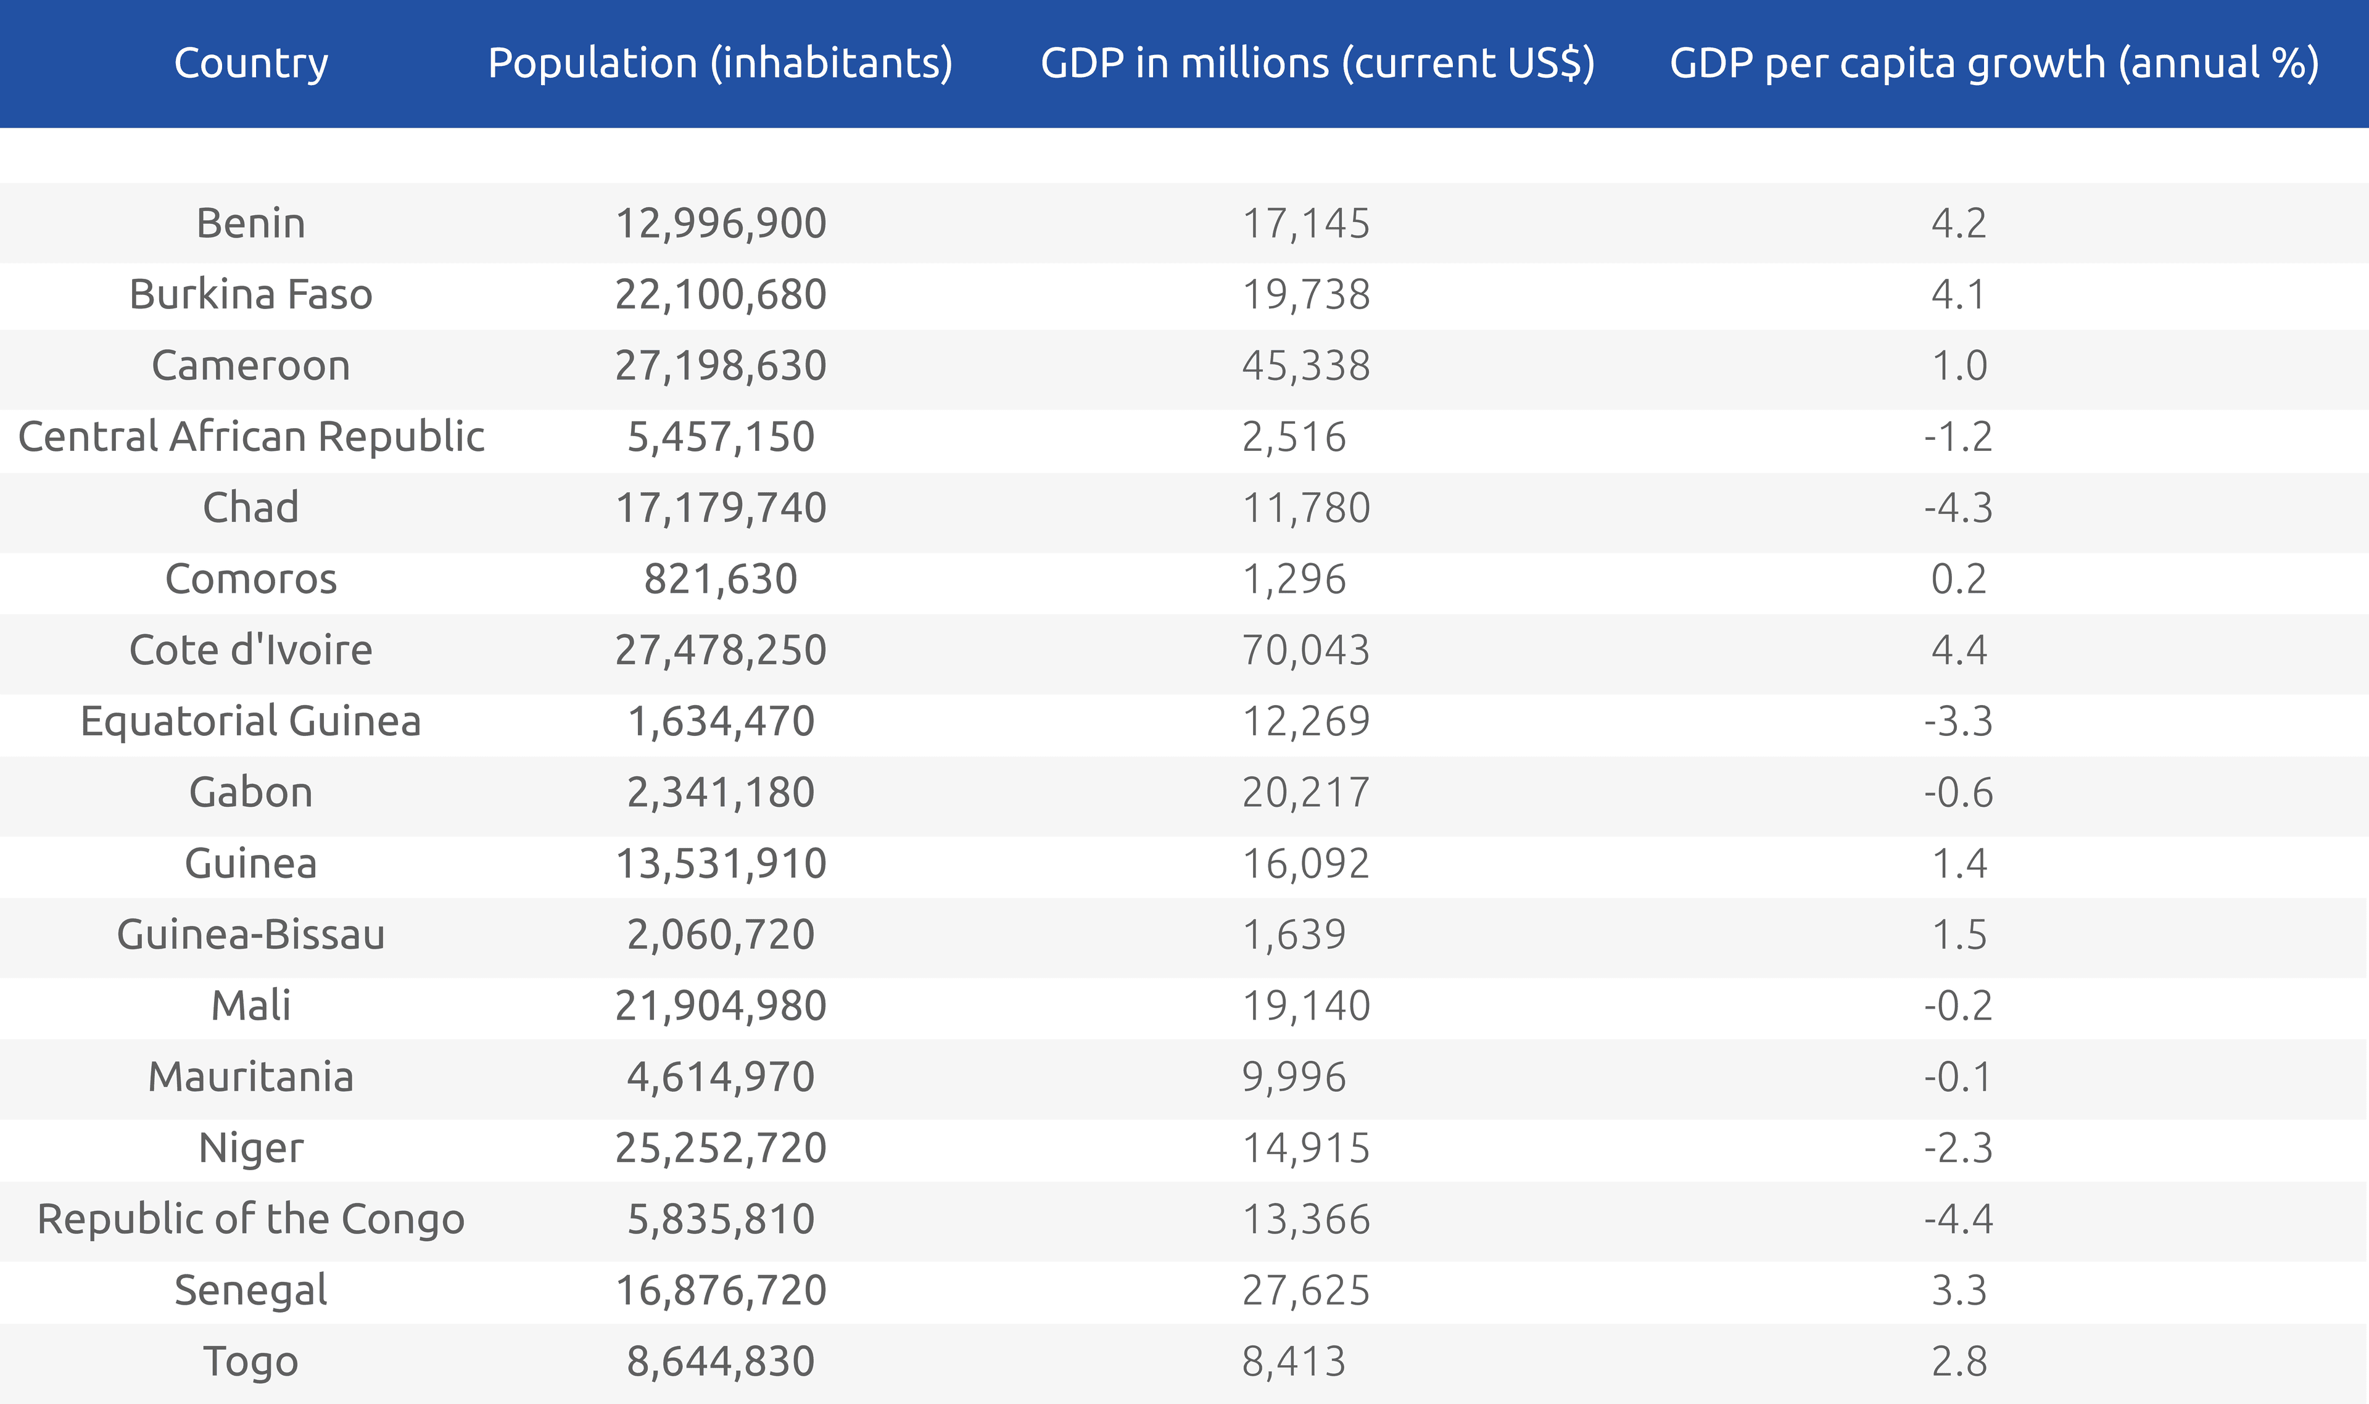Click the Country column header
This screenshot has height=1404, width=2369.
[x=250, y=64]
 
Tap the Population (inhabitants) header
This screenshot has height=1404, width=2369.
[x=720, y=64]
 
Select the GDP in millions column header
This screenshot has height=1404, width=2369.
[x=1317, y=64]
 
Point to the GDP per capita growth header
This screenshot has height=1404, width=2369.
[x=1993, y=64]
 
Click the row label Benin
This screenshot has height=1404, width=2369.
[x=250, y=223]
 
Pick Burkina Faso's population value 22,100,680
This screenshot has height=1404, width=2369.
[x=720, y=294]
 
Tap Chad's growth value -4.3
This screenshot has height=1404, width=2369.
[x=1958, y=508]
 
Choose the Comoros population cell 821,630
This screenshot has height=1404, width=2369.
[x=720, y=579]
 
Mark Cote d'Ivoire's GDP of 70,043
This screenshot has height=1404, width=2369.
[x=1305, y=651]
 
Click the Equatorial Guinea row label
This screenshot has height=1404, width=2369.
[x=250, y=722]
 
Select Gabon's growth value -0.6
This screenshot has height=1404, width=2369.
[x=1958, y=793]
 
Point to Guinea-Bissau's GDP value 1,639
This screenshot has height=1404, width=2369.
[x=1293, y=935]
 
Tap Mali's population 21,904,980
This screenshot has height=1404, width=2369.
[x=720, y=1006]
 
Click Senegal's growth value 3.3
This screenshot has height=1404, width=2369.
[x=1958, y=1290]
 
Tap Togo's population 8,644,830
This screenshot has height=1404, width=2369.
[x=720, y=1361]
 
